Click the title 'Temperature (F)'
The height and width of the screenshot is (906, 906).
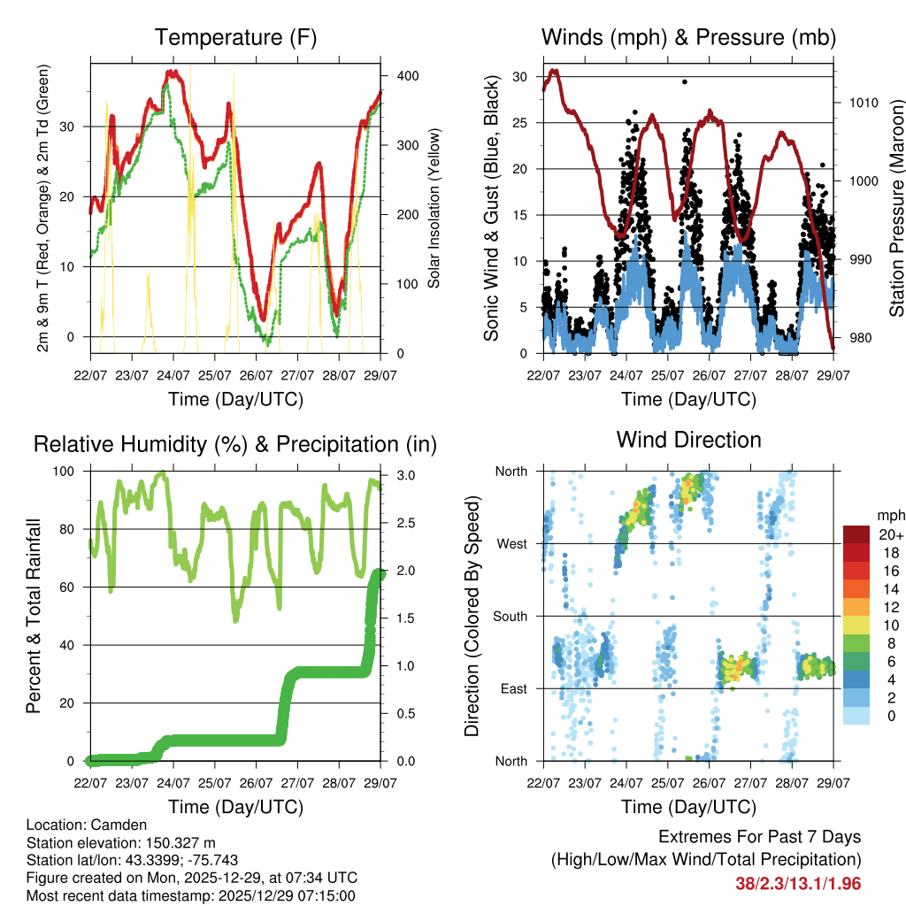(x=235, y=37)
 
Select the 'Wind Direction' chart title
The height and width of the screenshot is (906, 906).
(x=688, y=439)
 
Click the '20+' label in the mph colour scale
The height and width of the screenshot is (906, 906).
(x=887, y=535)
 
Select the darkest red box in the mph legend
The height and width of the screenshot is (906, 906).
(x=855, y=535)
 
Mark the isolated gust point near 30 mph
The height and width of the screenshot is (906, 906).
(x=684, y=81)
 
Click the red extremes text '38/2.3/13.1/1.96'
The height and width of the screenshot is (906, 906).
(x=797, y=883)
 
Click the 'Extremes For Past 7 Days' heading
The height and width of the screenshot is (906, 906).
(x=759, y=837)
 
